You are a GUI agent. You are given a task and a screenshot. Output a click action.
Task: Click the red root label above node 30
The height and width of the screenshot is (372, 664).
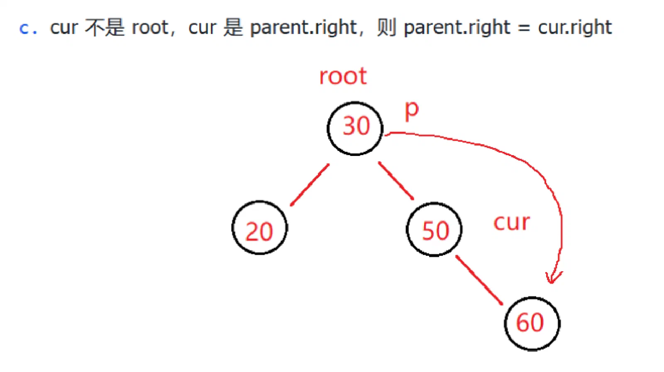(343, 76)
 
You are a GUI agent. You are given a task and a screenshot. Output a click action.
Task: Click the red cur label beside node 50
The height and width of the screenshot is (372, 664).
(512, 222)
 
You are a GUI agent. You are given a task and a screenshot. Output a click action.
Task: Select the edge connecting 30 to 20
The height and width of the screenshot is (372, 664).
(310, 185)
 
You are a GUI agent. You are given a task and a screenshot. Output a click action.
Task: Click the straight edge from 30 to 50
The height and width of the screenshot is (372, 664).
(396, 181)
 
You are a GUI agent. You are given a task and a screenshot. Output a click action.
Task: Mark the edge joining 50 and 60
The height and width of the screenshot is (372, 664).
(479, 280)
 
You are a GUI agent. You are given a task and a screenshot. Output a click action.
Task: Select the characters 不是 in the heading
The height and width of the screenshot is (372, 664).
(104, 27)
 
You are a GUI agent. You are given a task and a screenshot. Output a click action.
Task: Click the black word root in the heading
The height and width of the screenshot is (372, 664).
(150, 27)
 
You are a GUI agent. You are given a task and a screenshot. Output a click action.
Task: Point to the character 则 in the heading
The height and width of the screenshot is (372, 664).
(386, 27)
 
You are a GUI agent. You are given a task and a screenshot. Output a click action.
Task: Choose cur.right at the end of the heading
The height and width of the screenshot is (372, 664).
(575, 27)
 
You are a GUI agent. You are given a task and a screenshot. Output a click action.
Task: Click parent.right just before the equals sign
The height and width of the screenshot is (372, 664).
(457, 27)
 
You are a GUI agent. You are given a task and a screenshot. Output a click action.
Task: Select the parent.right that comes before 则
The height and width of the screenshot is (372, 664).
(303, 27)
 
